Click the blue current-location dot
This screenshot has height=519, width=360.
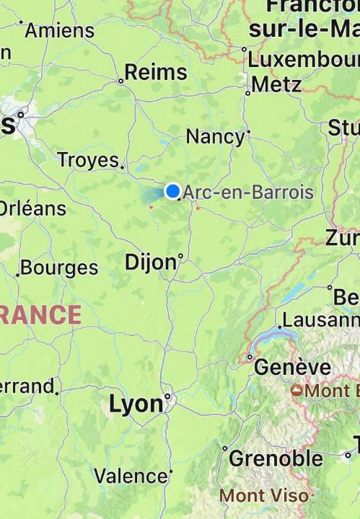(172, 191)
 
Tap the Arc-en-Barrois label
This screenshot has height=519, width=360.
(248, 192)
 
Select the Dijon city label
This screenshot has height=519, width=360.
(150, 262)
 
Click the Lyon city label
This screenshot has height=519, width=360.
(136, 404)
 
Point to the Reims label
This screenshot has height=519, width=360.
(156, 72)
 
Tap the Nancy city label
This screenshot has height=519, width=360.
(215, 136)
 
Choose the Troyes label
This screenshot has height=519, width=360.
(87, 160)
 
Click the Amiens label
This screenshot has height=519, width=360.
(60, 31)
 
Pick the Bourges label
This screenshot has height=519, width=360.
(59, 268)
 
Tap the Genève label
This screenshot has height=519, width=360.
(292, 367)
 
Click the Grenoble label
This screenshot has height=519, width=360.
(276, 458)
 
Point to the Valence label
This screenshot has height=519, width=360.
(131, 476)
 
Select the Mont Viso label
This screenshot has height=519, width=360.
(263, 496)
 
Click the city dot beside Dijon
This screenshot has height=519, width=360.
(180, 255)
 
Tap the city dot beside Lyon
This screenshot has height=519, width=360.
(167, 396)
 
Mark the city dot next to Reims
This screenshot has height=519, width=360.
(120, 81)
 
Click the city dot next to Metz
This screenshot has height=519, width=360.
(247, 93)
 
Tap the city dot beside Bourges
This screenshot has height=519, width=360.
(17, 275)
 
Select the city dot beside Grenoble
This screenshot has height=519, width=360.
(225, 448)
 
